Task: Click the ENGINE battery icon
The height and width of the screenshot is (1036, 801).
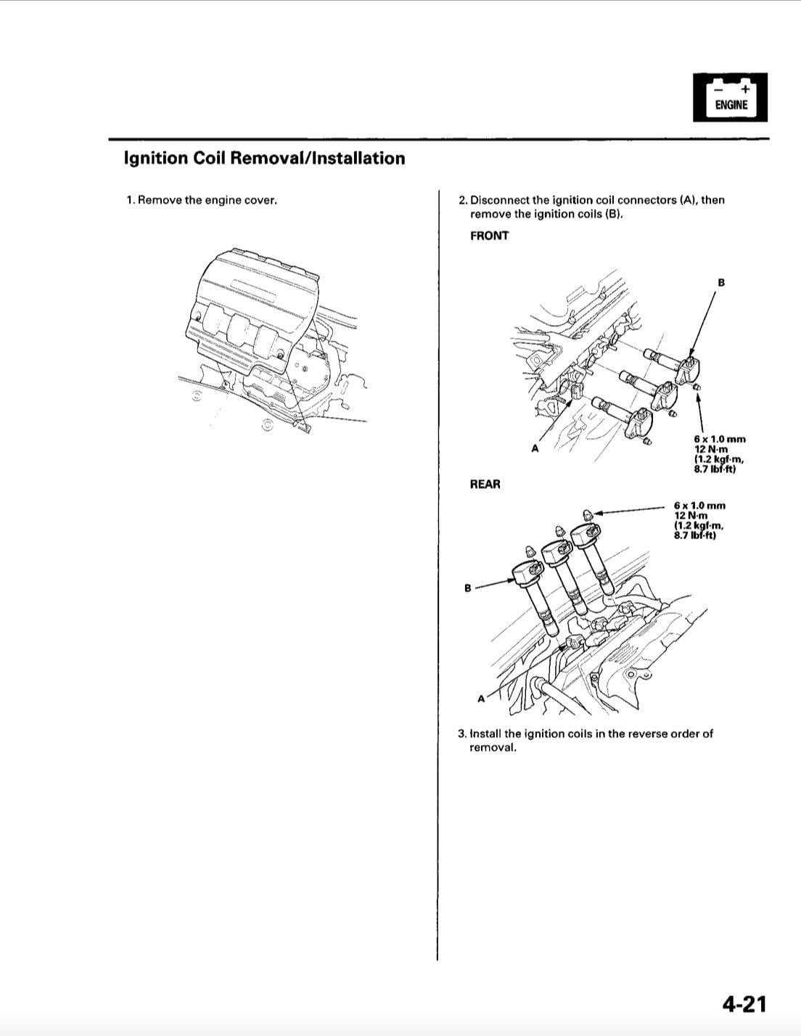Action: tap(730, 96)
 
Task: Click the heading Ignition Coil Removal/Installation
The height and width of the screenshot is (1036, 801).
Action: tap(265, 158)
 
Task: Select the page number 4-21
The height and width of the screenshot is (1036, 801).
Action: tap(744, 1003)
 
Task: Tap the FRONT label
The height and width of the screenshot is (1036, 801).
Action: tap(489, 236)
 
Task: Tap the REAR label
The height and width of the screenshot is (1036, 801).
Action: tap(485, 484)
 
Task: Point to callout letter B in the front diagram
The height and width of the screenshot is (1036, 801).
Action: tap(721, 282)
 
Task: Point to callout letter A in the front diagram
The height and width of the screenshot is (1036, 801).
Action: tap(535, 448)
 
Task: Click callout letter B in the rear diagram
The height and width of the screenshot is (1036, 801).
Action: tap(468, 587)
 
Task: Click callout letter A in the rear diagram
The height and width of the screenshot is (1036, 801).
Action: tap(480, 699)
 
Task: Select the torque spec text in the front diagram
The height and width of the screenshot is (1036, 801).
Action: tap(719, 454)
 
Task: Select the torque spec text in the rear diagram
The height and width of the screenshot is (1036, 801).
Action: tap(699, 521)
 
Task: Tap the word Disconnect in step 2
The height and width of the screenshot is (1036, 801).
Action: tap(500, 200)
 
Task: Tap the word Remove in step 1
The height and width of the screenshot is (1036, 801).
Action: tap(160, 200)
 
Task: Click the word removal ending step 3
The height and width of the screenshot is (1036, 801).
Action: tap(493, 747)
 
